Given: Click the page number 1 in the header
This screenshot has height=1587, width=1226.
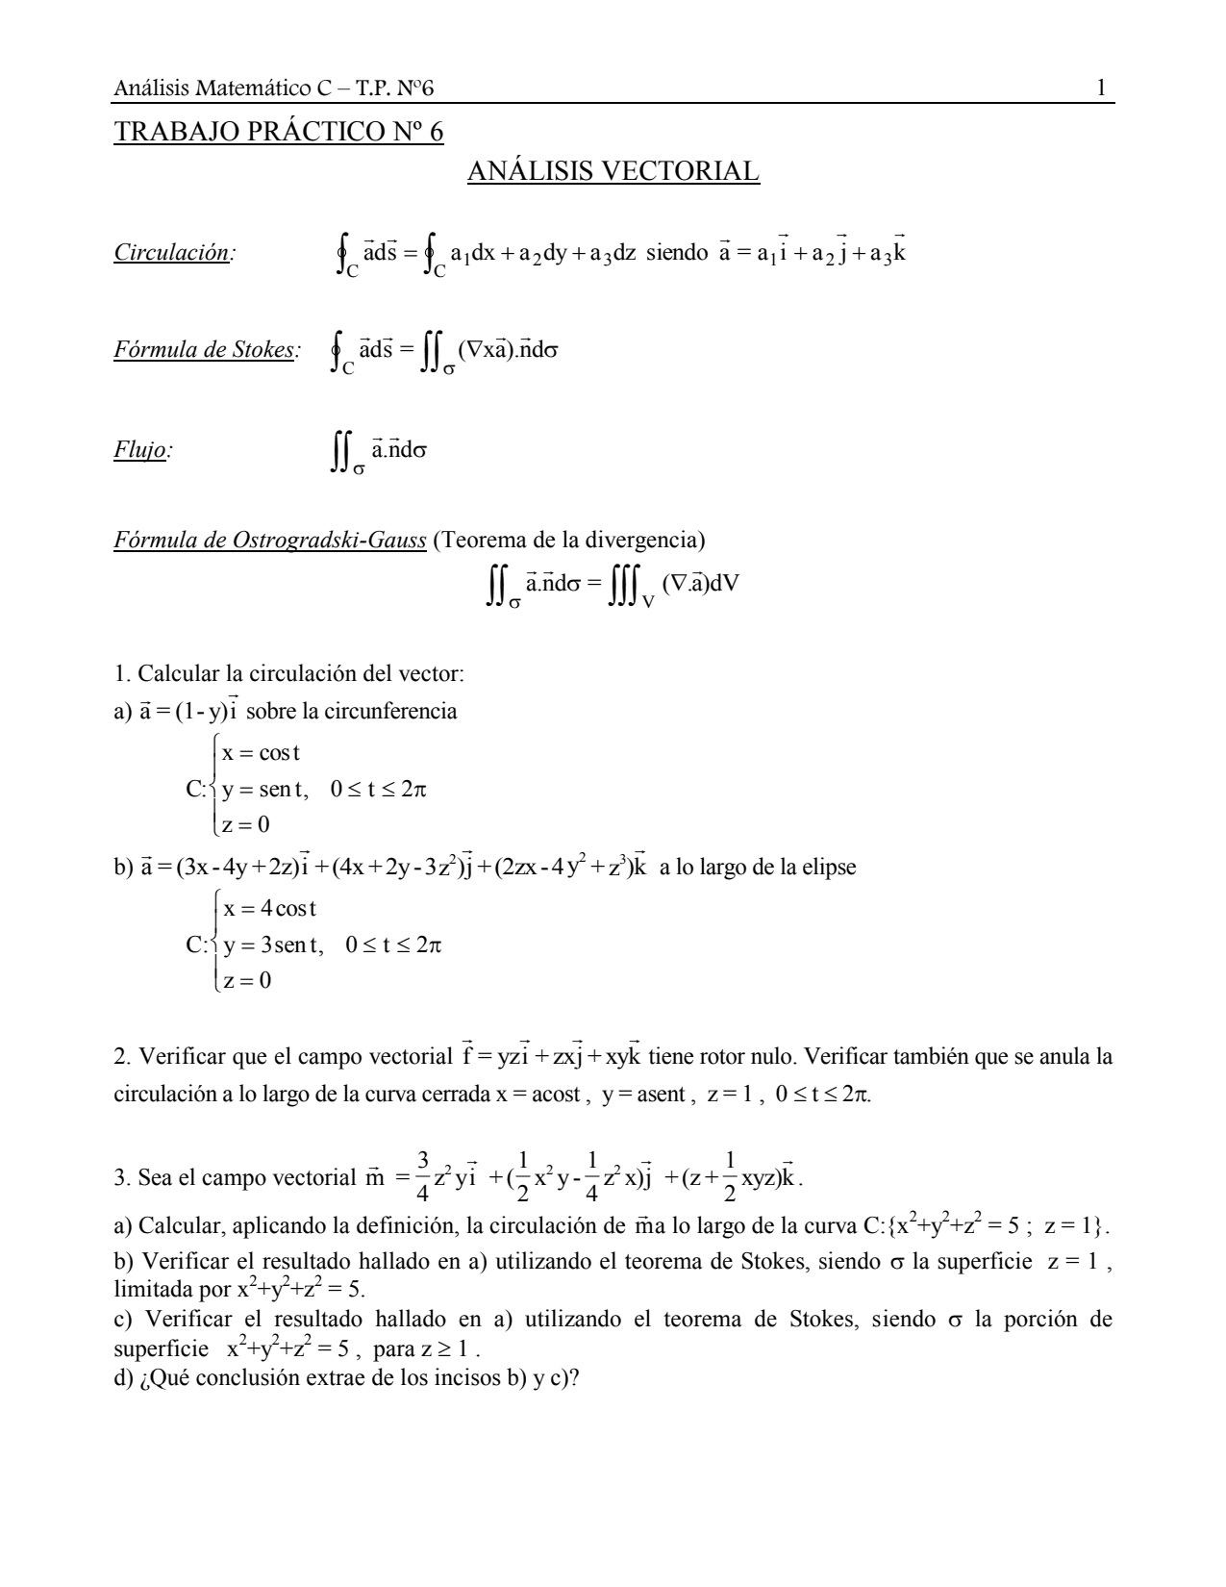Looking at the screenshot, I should (x=1101, y=89).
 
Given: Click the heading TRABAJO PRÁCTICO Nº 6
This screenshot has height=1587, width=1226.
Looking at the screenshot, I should (x=279, y=132).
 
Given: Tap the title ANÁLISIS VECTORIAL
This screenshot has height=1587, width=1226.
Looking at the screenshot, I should (x=613, y=171).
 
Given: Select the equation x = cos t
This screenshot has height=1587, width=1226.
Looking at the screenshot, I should (x=261, y=752).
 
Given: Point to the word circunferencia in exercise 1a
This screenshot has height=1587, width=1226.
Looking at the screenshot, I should (x=394, y=712).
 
